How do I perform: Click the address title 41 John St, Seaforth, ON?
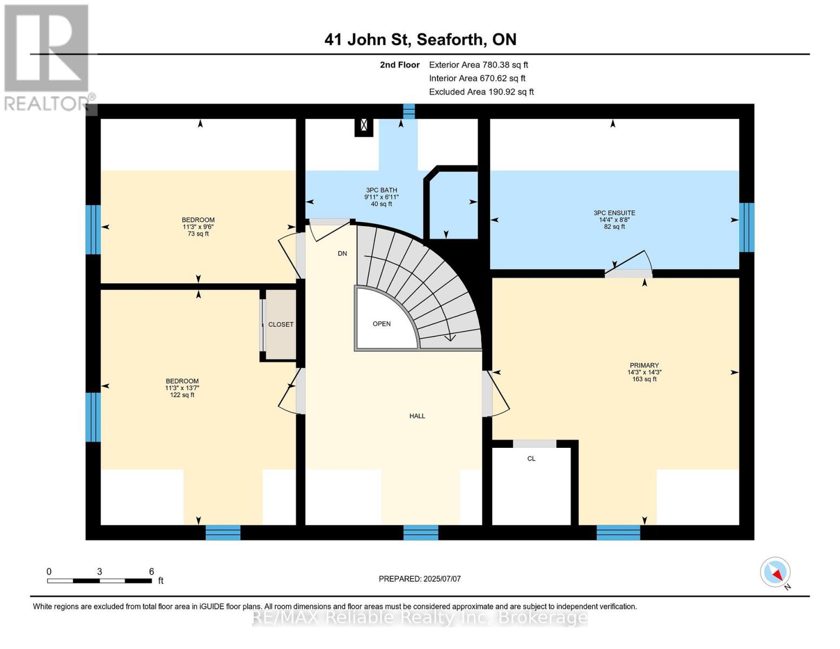tap(420, 39)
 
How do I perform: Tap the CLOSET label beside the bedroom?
tap(281, 325)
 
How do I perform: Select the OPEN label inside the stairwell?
tap(381, 324)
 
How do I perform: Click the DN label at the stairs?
tap(342, 254)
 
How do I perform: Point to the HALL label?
tap(417, 416)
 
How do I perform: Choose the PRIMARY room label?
tap(644, 366)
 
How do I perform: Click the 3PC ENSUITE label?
tap(614, 213)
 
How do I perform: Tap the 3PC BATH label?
tap(381, 190)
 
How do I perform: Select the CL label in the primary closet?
tap(531, 459)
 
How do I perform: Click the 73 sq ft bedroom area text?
tap(198, 234)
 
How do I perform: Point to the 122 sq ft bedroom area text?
tap(182, 395)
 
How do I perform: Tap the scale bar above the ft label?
tap(100, 581)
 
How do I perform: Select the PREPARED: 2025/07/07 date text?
tap(420, 579)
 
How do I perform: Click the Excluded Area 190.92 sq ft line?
tap(481, 92)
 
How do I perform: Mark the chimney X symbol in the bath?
tap(364, 125)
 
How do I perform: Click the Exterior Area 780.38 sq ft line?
tap(478, 65)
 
